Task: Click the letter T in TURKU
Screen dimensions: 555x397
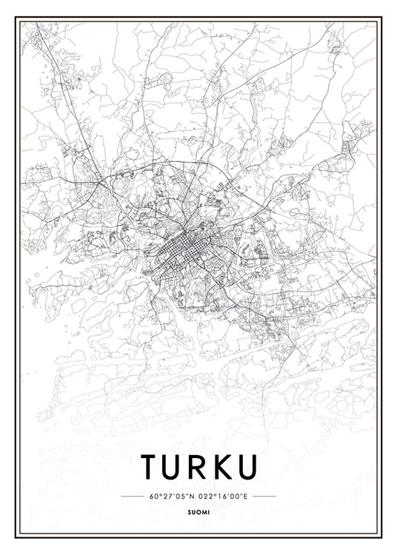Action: pos(150,467)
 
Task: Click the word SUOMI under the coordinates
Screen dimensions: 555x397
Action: pos(198,510)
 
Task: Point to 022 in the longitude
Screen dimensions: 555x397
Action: pos(206,496)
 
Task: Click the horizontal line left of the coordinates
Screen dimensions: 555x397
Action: pos(132,496)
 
